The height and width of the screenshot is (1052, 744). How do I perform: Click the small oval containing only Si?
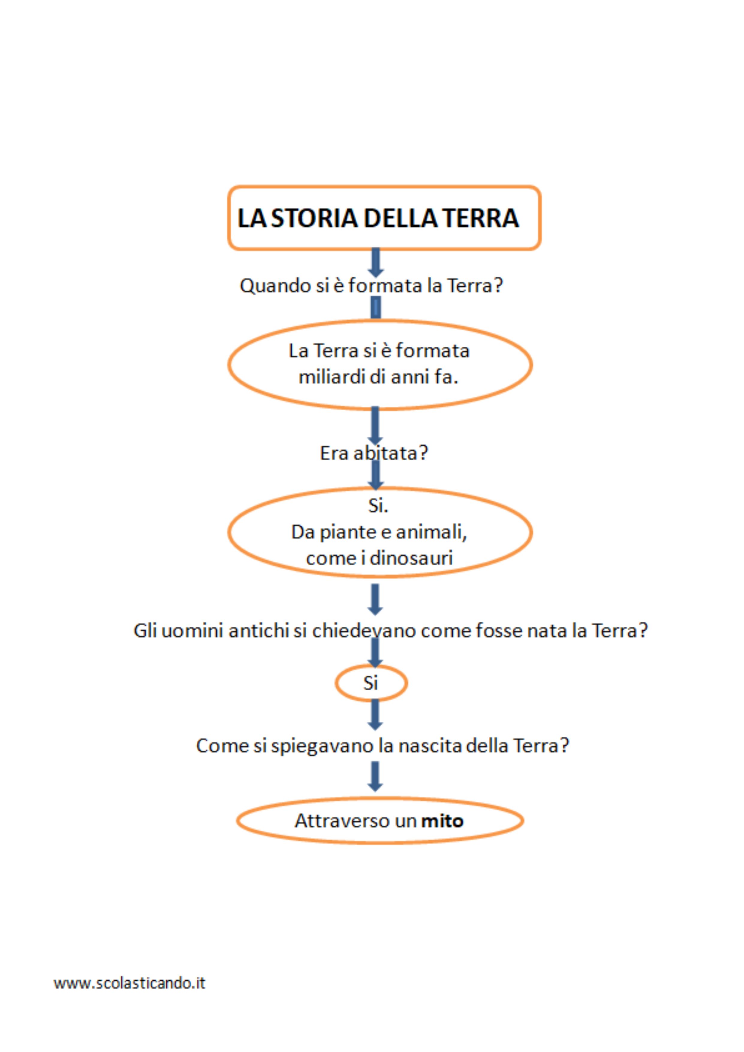(371, 683)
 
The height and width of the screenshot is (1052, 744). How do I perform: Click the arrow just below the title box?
(375, 262)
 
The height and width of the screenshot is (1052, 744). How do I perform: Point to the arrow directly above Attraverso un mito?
(375, 776)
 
